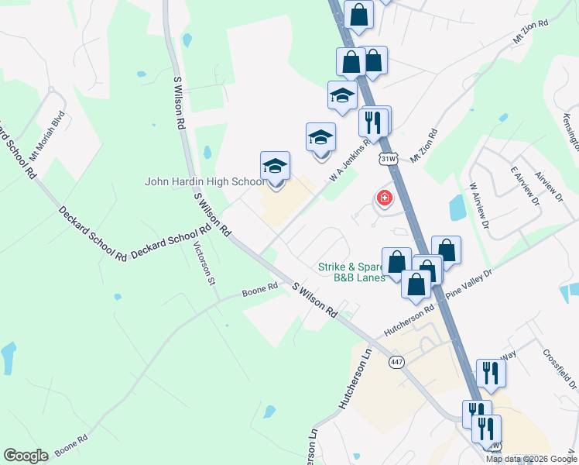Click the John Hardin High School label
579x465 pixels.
click(x=204, y=182)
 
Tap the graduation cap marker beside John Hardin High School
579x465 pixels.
click(x=275, y=167)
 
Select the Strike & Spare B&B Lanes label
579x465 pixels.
click(x=351, y=272)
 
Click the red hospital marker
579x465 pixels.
click(x=383, y=199)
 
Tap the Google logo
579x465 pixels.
click(x=26, y=455)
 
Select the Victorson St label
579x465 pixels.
click(x=204, y=263)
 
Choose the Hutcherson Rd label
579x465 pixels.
click(x=409, y=322)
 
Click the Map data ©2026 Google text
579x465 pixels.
click(x=531, y=459)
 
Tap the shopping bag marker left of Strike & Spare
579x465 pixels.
click(x=396, y=261)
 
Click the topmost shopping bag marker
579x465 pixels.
click(x=359, y=13)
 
